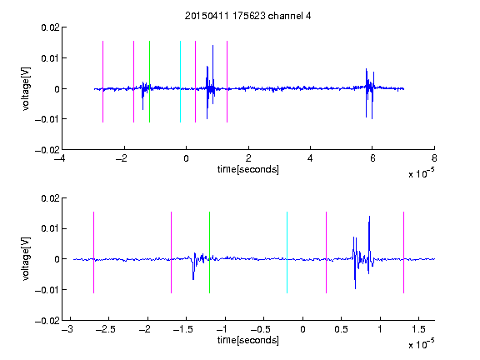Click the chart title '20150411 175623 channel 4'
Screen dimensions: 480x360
tap(248, 16)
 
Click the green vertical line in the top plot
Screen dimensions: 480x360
tap(149, 82)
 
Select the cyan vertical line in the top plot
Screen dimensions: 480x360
tap(180, 82)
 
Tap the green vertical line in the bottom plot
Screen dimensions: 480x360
tap(209, 252)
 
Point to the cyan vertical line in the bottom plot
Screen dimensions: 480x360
tap(287, 252)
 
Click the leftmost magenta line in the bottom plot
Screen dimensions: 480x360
tap(93, 252)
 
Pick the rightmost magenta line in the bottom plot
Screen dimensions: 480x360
tap(403, 252)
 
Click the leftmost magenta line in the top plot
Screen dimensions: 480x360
tap(102, 82)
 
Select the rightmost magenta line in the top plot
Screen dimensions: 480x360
tap(227, 82)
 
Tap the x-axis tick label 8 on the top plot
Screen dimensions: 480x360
tap(434, 158)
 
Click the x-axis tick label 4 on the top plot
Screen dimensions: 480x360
tap(310, 158)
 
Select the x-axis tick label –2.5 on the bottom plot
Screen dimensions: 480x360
tap(105, 329)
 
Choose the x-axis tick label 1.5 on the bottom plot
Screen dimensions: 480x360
tap(418, 329)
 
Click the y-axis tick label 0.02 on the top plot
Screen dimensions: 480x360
tap(51, 27)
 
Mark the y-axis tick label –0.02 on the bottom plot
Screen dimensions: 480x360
tap(47, 321)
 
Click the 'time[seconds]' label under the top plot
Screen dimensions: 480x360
tap(248, 169)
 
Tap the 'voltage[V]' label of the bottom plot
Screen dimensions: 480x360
tap(27, 258)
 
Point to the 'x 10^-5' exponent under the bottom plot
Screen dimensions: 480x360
tap(421, 343)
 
